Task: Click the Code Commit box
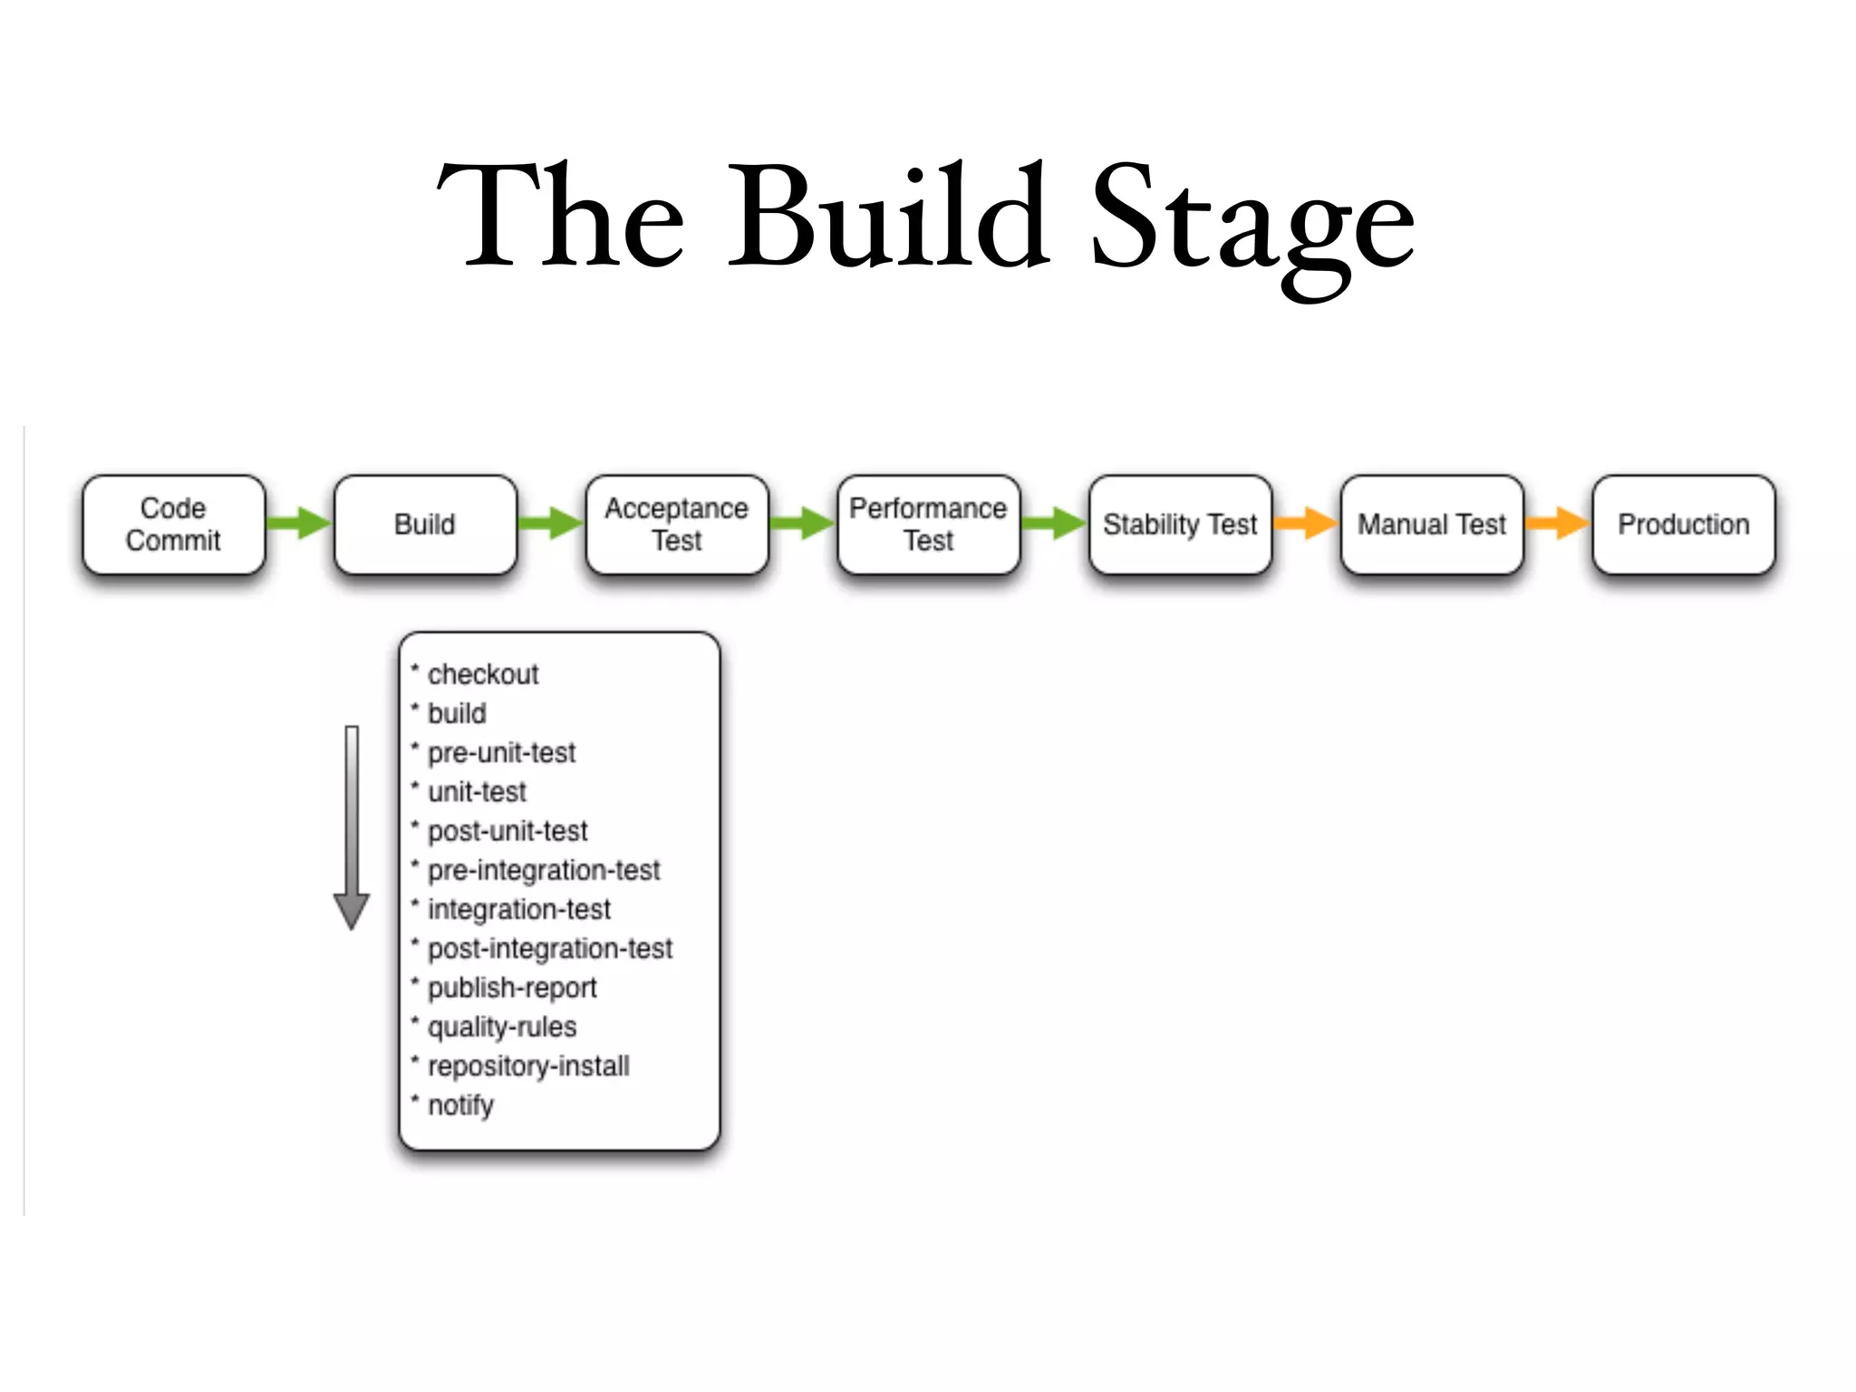pos(173,524)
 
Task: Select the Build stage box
pos(425,524)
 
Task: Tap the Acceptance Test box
pos(676,524)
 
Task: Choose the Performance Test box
pos(928,524)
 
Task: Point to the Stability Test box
pos(1180,524)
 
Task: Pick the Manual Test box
pos(1431,524)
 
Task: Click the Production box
pos(1683,524)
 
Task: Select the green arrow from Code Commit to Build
pos(300,523)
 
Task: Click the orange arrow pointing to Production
pos(1557,523)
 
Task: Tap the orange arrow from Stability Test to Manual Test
pos(1306,523)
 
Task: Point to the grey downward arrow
pos(352,826)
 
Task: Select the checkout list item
pos(482,674)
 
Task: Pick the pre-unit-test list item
pos(501,752)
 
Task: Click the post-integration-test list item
pos(549,948)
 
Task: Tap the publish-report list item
pos(512,987)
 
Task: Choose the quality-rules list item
pos(501,1027)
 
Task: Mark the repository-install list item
pos(528,1066)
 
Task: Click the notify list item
pos(460,1105)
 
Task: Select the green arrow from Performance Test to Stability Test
pos(1054,523)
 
